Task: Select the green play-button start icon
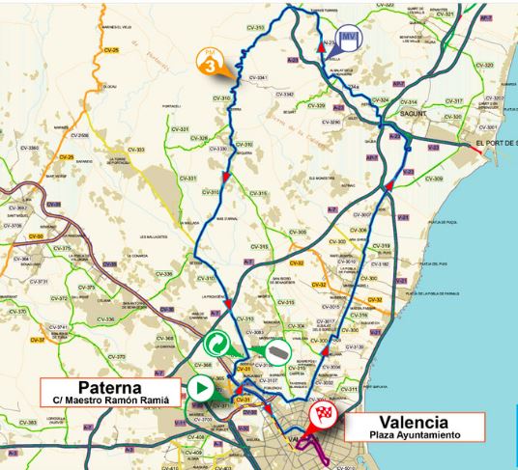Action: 200,389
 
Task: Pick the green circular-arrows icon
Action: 220,346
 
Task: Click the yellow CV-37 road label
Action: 39,340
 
